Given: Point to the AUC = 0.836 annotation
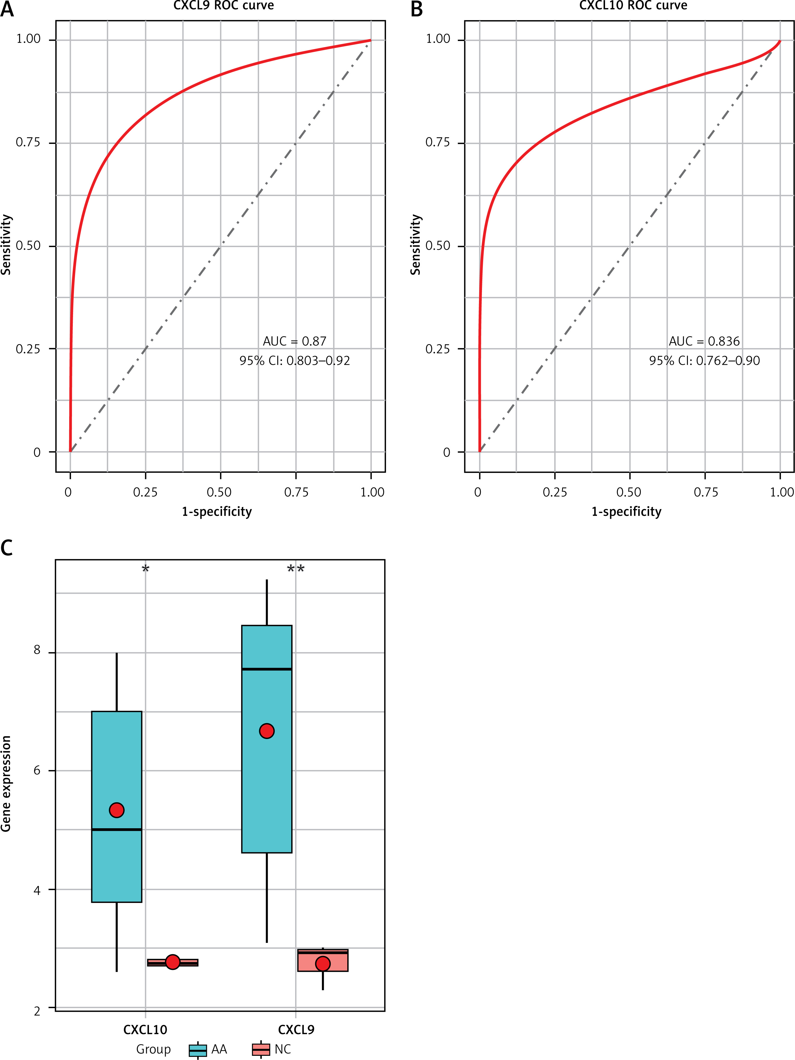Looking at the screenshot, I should click(704, 341).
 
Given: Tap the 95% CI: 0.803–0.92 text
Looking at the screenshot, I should click(295, 360).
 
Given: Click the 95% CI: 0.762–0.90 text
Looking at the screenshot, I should click(704, 360).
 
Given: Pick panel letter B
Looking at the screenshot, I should click(416, 9).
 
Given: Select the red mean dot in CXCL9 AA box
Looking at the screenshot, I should click(267, 731).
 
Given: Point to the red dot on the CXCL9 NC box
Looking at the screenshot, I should click(323, 963).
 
